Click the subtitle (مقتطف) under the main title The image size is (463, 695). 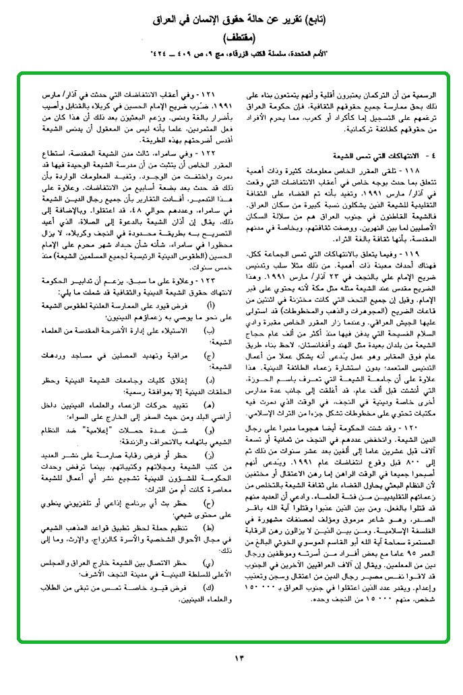click(x=231, y=36)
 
